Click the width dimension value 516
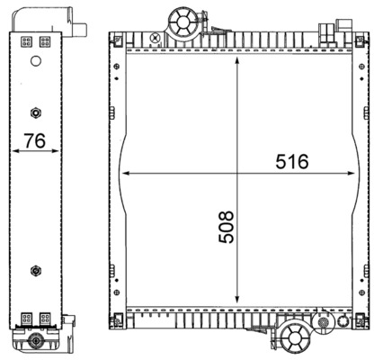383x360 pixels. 292,162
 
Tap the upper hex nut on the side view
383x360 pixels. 33,112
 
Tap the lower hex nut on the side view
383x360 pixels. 33,270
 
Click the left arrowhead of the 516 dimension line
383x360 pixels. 123,172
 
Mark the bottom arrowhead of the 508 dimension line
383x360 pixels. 237,303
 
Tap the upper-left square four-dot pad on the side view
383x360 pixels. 24,41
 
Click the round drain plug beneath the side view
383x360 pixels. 34,342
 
